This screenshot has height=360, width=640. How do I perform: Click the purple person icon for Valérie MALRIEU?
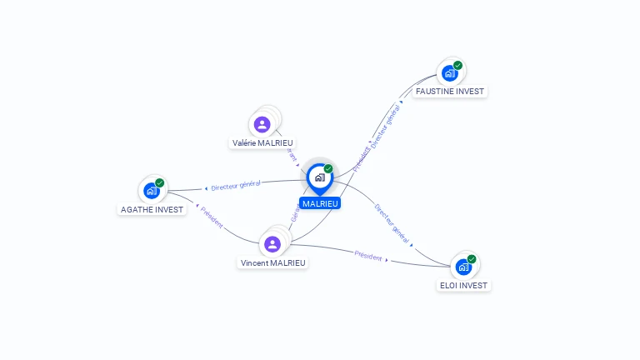click(262, 125)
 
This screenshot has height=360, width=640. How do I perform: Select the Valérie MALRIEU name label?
click(262, 143)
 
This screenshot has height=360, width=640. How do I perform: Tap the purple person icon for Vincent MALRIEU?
click(272, 244)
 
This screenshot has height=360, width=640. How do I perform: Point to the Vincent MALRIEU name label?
click(273, 262)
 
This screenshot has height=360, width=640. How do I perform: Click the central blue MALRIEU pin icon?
click(319, 177)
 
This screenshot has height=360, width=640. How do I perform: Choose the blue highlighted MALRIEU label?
click(320, 203)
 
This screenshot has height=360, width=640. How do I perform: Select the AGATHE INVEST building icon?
click(151, 191)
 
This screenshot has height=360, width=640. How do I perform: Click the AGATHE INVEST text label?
click(152, 209)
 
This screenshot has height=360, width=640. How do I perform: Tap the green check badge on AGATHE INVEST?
click(160, 182)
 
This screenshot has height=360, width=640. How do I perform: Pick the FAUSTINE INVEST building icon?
click(449, 73)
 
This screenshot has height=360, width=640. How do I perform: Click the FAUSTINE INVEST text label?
click(450, 91)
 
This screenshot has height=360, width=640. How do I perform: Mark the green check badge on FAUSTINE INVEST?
click(457, 65)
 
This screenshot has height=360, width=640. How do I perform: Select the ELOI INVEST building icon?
click(463, 267)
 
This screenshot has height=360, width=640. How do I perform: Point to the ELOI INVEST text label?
click(464, 285)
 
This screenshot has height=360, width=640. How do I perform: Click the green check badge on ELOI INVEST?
click(472, 259)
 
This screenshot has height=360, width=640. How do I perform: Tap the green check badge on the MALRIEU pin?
click(328, 168)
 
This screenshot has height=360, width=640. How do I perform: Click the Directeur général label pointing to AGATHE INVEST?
click(236, 184)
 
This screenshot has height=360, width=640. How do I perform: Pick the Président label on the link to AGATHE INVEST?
click(212, 217)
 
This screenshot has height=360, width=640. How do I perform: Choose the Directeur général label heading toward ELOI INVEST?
click(392, 224)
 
